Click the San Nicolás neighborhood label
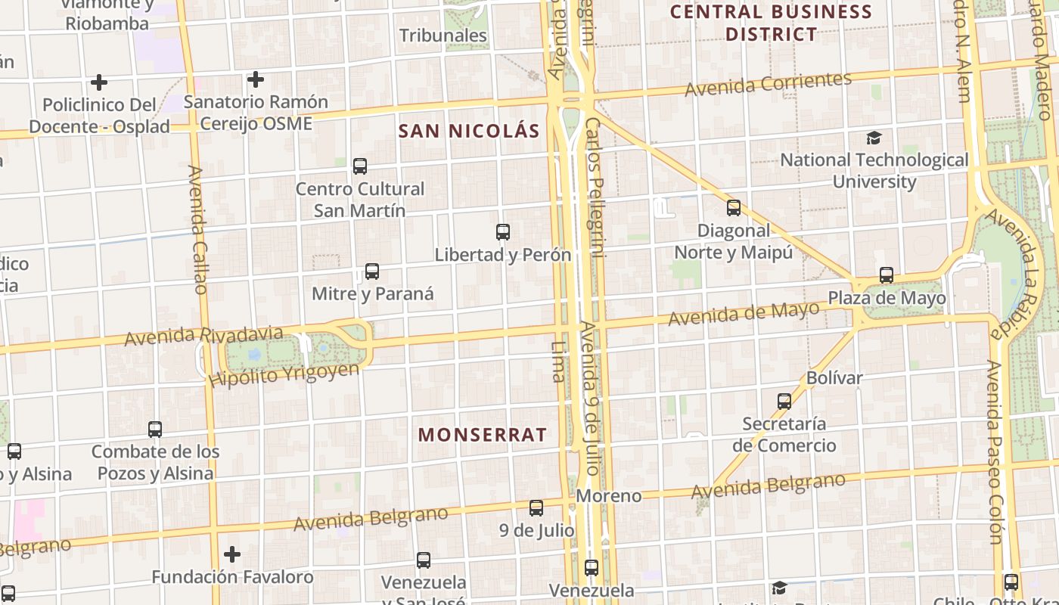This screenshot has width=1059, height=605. (x=469, y=131)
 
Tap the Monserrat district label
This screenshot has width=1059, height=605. (x=482, y=435)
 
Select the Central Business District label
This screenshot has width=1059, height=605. (x=771, y=23)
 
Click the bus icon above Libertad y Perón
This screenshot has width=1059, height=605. (x=503, y=232)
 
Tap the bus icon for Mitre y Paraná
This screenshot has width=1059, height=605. (x=371, y=271)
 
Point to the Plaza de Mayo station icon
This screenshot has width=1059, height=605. (x=887, y=275)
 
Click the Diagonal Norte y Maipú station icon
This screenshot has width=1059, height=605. (x=733, y=208)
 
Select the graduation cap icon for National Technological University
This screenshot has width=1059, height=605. (x=874, y=138)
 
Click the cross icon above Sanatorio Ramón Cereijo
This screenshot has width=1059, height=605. (x=256, y=79)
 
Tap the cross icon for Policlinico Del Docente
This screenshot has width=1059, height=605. (x=99, y=82)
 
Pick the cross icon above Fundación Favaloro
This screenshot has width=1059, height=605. (x=232, y=554)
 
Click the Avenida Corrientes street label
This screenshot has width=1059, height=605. (x=768, y=83)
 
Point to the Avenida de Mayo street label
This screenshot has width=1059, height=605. (x=744, y=312)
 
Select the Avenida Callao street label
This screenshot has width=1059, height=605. (x=198, y=230)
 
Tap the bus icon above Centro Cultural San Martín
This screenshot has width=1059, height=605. (x=360, y=166)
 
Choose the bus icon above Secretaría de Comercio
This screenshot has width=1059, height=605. (x=784, y=401)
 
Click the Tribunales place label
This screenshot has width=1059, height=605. (x=443, y=36)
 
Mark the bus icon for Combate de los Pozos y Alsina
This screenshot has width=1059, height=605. (x=155, y=430)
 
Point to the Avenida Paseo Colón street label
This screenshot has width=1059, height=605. (x=995, y=451)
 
